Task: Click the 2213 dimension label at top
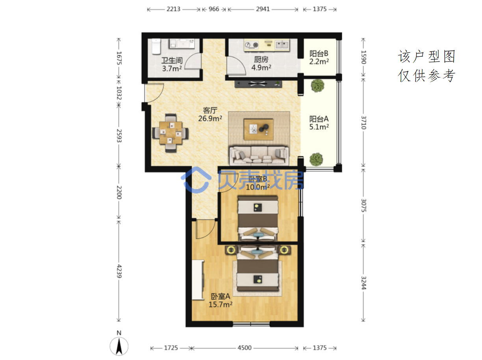click(173, 9)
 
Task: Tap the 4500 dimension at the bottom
click(245, 347)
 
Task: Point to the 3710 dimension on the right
click(363, 122)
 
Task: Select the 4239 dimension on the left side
click(119, 271)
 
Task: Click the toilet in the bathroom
click(156, 46)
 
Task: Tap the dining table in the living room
click(171, 133)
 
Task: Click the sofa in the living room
click(259, 156)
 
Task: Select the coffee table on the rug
click(258, 129)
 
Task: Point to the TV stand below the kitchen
click(258, 84)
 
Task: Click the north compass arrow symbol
click(119, 346)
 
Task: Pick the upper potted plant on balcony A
click(317, 85)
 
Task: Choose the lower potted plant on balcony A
click(316, 159)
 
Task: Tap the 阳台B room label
click(319, 54)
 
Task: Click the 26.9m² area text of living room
click(210, 119)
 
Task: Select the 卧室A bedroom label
click(220, 296)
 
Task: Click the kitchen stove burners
click(251, 45)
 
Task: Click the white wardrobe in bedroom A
click(198, 280)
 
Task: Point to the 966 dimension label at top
click(214, 9)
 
